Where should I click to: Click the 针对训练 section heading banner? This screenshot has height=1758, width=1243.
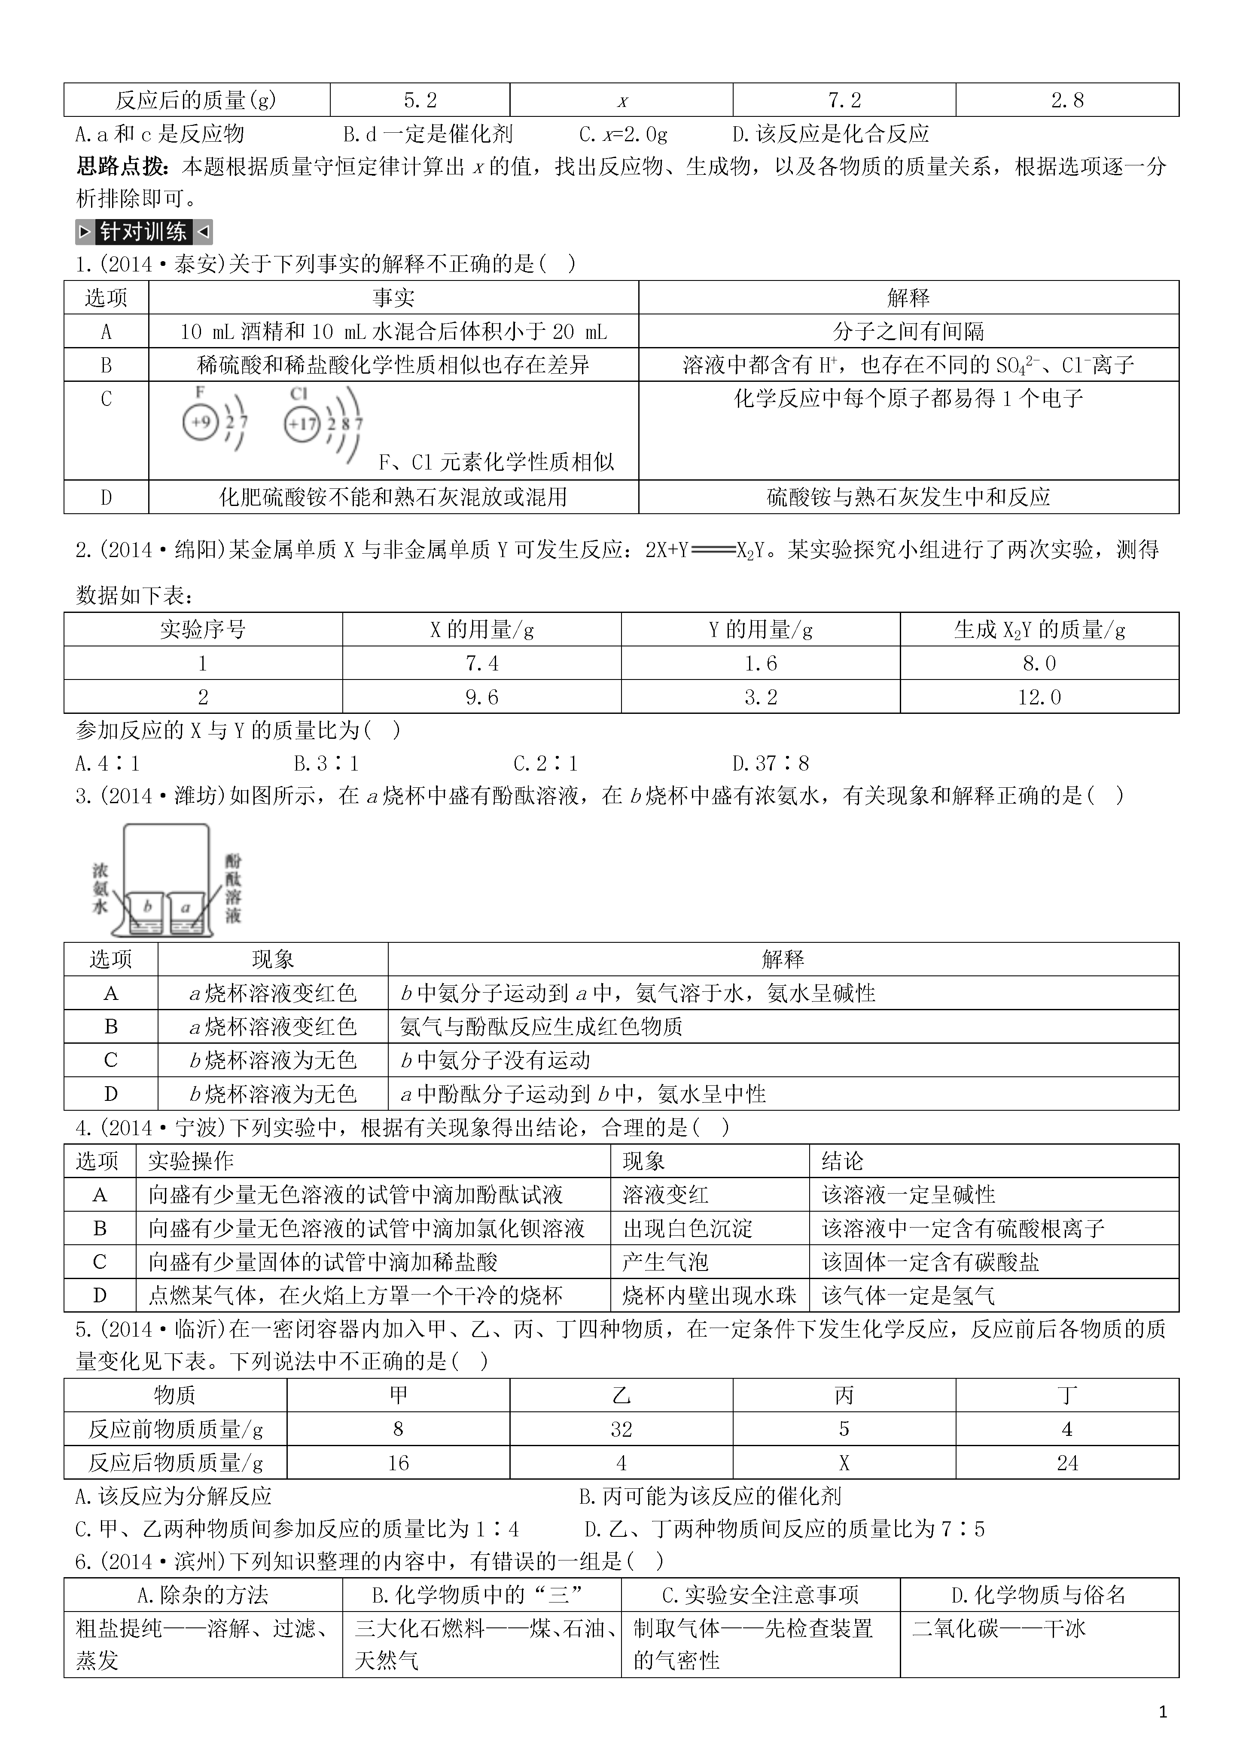coord(144,231)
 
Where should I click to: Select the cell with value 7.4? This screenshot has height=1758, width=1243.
coord(482,663)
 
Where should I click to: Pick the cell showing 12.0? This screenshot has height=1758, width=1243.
coord(1039,697)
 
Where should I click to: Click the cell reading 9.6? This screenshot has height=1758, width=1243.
coord(482,697)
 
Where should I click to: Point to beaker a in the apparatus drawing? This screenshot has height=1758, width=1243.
coord(186,911)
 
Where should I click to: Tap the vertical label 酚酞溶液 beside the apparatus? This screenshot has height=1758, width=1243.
coord(233,888)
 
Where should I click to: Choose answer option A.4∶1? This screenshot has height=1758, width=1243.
coord(107,763)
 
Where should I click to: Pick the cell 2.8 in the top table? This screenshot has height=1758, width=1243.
coord(1067,101)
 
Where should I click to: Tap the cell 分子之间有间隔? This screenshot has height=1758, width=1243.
coord(908,332)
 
